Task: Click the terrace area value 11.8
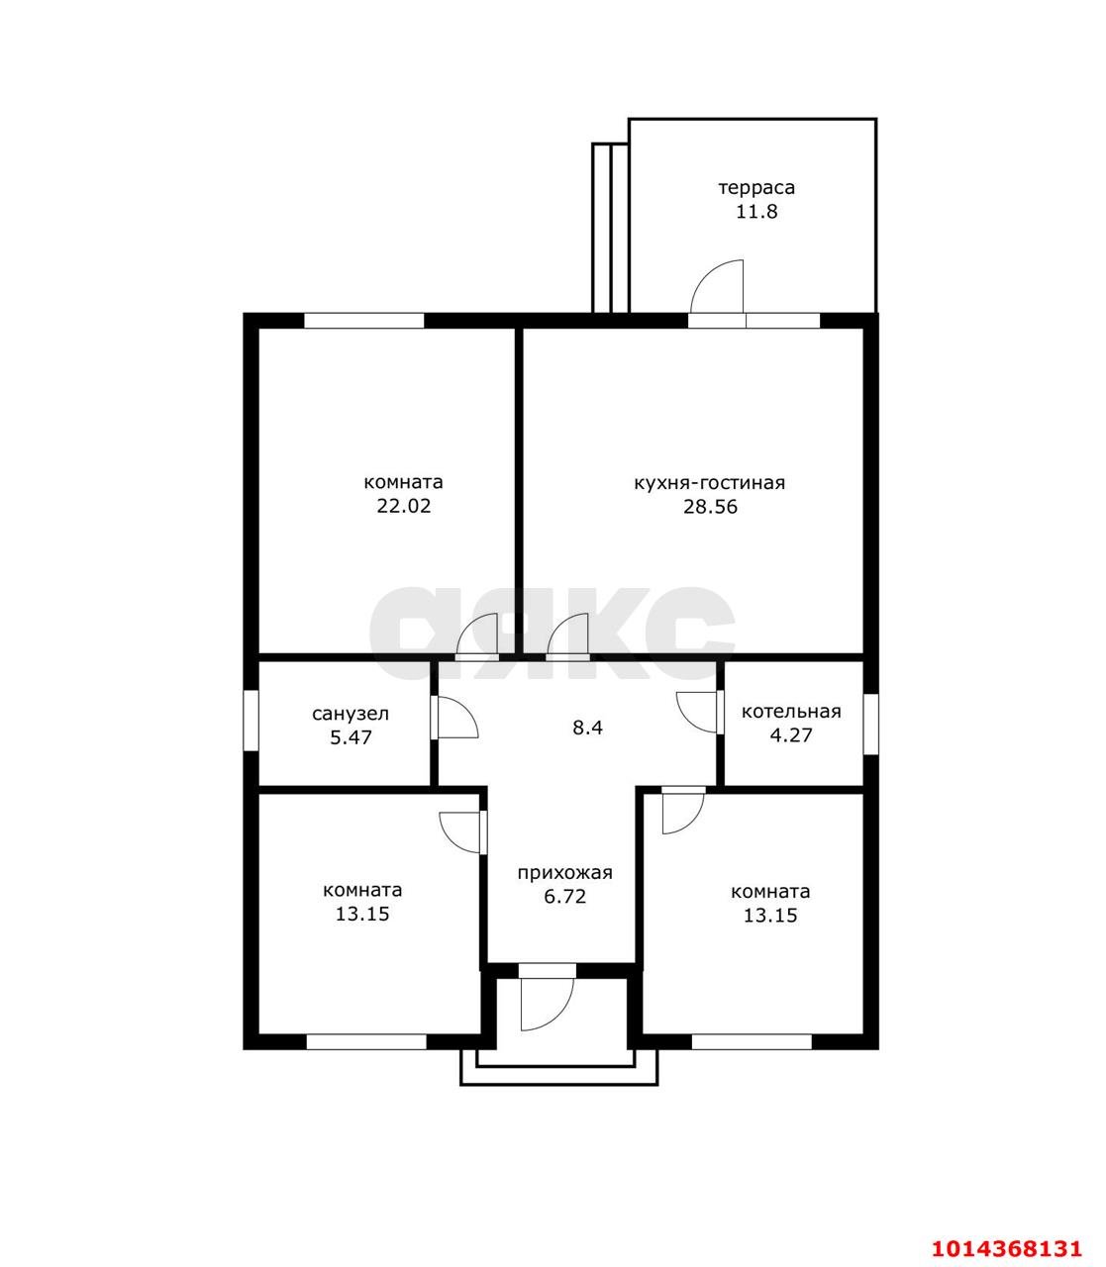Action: tap(756, 212)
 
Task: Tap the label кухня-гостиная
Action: tap(710, 483)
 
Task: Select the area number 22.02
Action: tap(404, 506)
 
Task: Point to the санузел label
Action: tap(351, 714)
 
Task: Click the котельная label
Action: tap(791, 712)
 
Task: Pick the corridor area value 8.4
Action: tap(588, 728)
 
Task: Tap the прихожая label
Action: tap(564, 873)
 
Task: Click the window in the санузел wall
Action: tap(251, 721)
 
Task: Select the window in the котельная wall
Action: tap(870, 724)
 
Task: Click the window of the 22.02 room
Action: tap(364, 321)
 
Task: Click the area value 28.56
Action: tap(710, 507)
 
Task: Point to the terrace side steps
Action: tap(611, 228)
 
